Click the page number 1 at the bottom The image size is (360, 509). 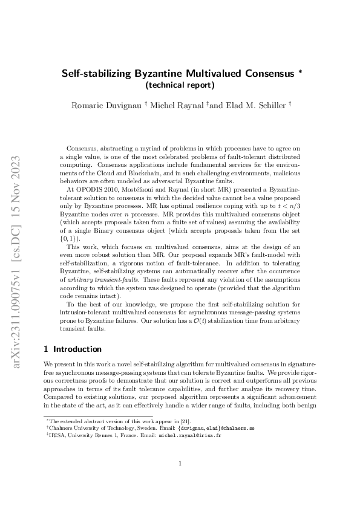180,464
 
